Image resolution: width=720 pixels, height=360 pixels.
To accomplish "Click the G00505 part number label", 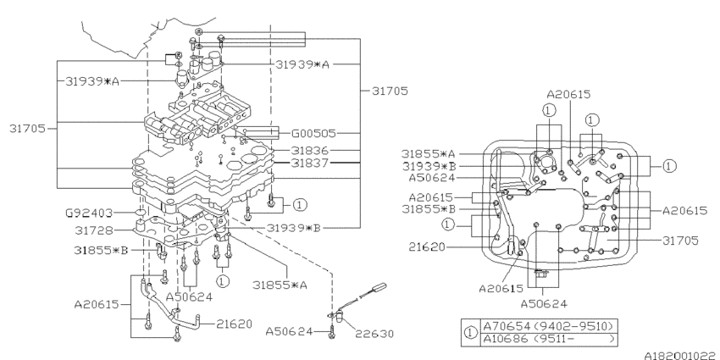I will [x=315, y=133].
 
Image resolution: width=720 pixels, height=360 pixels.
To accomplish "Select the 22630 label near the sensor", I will [x=374, y=333].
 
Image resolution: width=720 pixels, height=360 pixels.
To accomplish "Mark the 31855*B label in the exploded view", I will [x=101, y=250].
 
